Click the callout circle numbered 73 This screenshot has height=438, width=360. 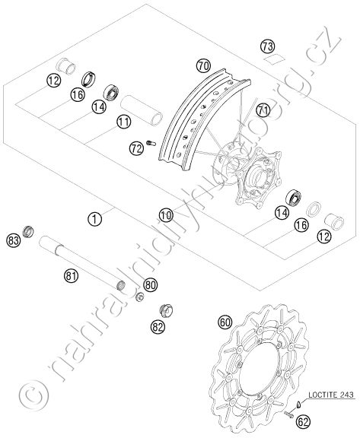(x=268, y=46)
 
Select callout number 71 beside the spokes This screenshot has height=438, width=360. (x=263, y=109)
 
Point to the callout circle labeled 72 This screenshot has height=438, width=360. (x=136, y=149)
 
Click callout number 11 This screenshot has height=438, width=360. (x=124, y=122)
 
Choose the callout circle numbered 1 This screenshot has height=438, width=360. (x=94, y=218)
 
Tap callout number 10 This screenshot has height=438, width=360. (x=167, y=215)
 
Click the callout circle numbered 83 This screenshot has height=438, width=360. (x=14, y=240)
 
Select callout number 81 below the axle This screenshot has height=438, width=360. (x=71, y=276)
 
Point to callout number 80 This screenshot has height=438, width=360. (x=151, y=285)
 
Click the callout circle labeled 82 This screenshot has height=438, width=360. (x=158, y=326)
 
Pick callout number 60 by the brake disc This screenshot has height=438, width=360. (x=225, y=322)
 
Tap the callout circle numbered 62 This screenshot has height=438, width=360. (x=303, y=421)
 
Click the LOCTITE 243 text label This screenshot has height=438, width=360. (x=331, y=395)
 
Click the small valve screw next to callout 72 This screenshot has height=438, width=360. (x=151, y=143)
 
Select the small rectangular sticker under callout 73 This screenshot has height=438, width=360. (x=274, y=59)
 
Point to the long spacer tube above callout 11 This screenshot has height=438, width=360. (x=142, y=109)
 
